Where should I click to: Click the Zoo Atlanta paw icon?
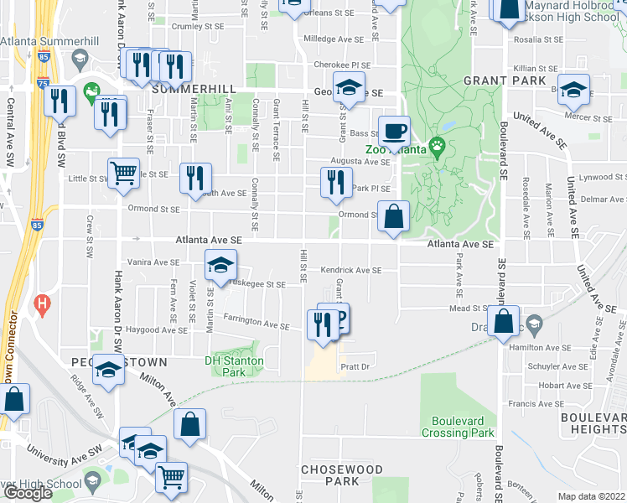tap(438, 147)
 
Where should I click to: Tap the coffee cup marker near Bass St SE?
tap(394, 131)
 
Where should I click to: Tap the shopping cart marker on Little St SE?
tap(123, 173)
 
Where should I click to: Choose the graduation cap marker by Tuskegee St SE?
tap(220, 265)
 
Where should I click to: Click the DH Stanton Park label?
tap(235, 366)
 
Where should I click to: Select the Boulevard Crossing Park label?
tap(463, 427)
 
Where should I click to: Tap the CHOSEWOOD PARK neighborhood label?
tap(341, 475)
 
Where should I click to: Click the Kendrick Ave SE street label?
tap(350, 271)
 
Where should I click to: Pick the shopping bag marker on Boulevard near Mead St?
tap(503, 322)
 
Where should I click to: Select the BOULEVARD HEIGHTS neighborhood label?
tap(593, 423)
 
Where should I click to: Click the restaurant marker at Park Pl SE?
tap(335, 181)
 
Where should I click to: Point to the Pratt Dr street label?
tap(355, 367)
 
